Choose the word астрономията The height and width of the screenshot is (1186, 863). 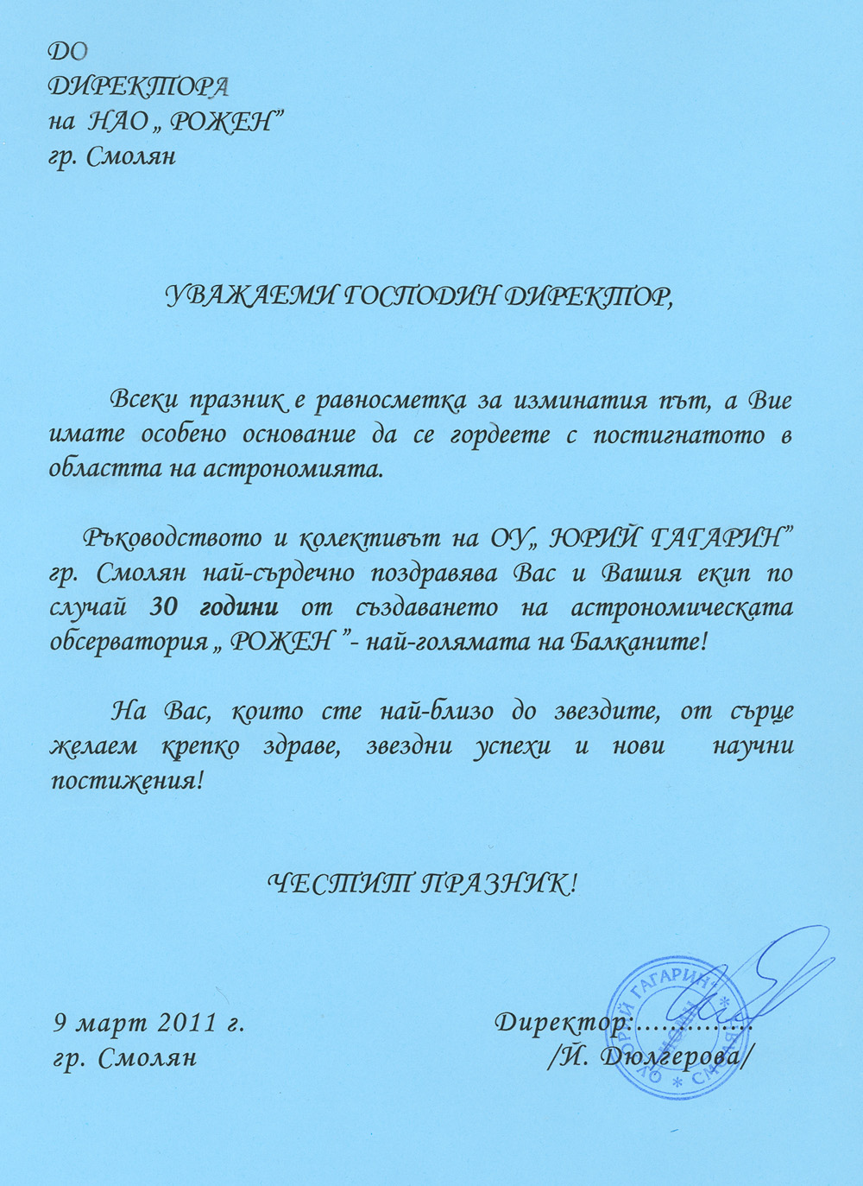290,470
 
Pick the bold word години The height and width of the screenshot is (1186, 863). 238,607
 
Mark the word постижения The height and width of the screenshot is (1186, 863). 124,781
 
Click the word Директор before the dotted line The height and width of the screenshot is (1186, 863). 560,1023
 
